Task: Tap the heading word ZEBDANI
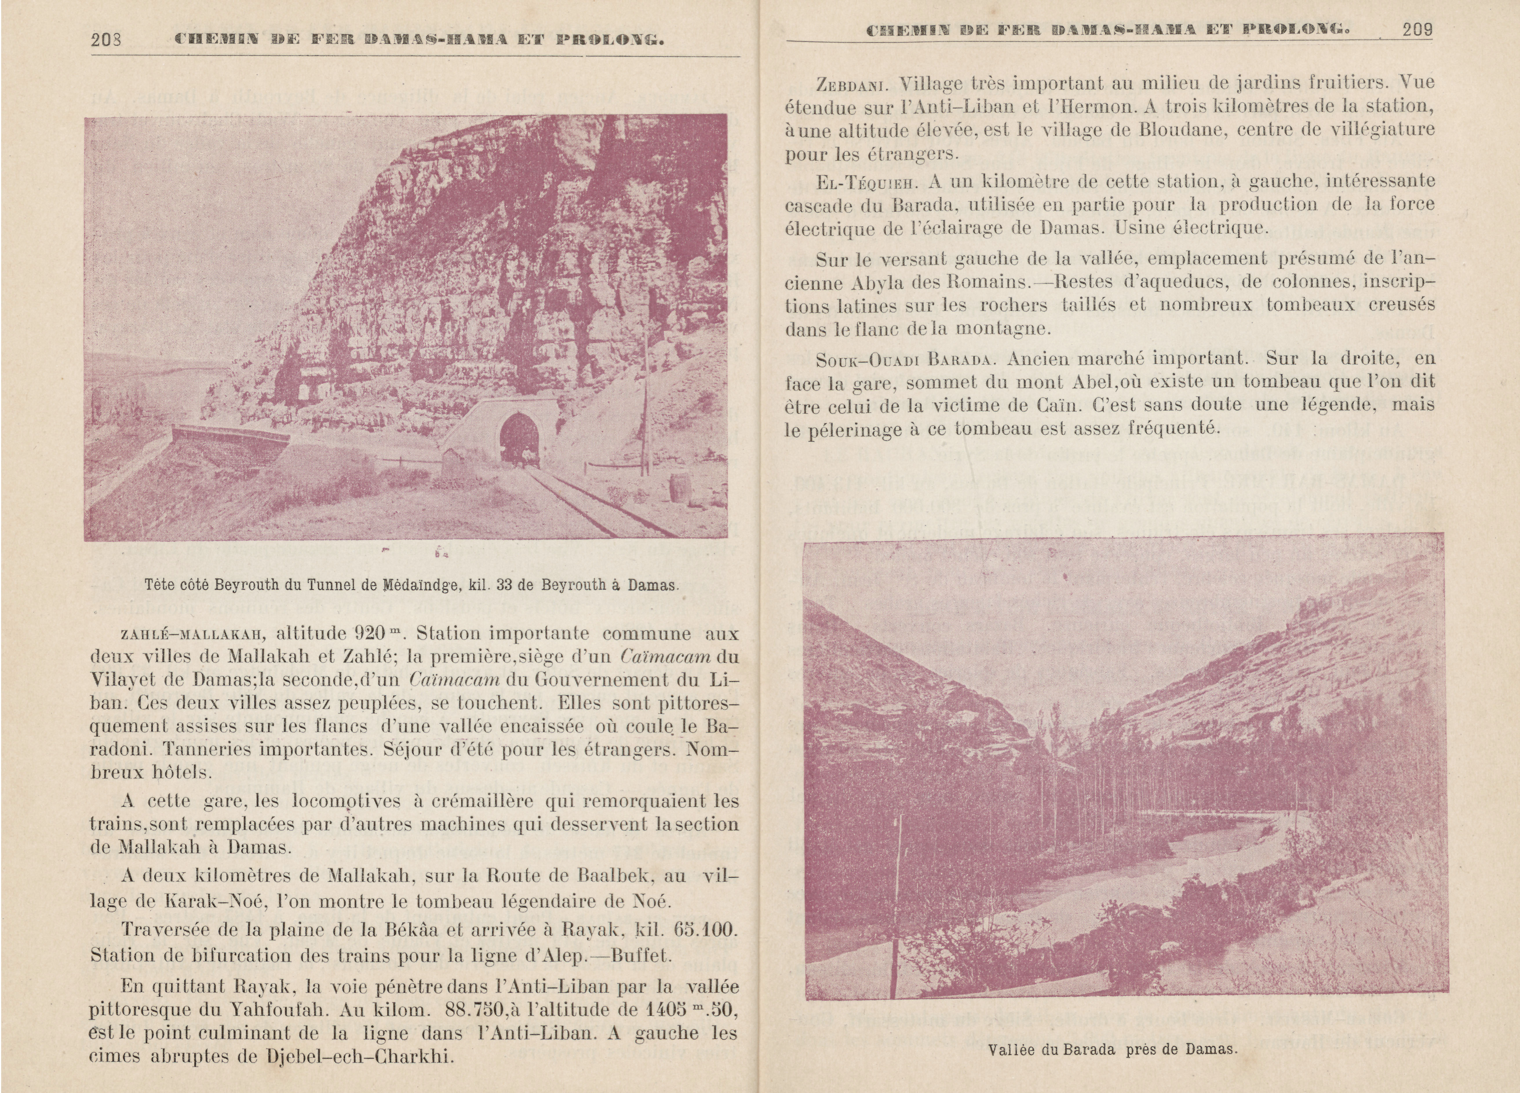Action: click(852, 84)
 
